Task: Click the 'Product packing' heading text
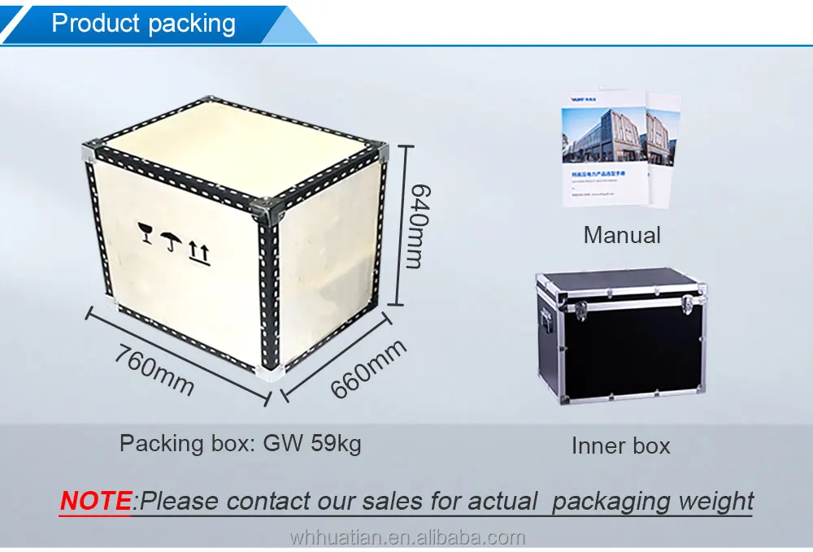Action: tap(143, 23)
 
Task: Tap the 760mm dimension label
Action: tap(154, 370)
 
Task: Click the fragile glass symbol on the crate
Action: tap(146, 232)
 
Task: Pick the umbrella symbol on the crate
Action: tap(171, 241)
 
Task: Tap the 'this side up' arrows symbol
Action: tap(199, 254)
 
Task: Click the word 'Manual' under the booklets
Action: tap(622, 236)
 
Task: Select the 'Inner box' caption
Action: tap(620, 446)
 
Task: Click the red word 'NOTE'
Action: tap(95, 501)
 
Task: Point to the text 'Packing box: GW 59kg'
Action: tap(241, 443)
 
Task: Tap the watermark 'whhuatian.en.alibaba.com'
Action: tap(407, 538)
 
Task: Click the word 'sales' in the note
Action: tap(399, 501)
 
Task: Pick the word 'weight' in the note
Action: tap(715, 501)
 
